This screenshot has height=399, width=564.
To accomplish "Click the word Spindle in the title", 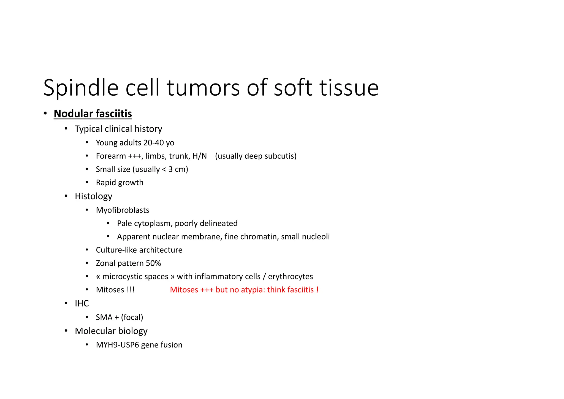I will tap(81, 88).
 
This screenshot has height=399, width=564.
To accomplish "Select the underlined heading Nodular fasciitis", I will tap(93, 114).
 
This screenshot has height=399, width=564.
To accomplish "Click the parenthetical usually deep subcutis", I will tap(256, 156).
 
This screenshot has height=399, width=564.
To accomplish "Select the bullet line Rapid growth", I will tap(120, 182).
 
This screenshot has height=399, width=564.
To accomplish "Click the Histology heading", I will tap(93, 196).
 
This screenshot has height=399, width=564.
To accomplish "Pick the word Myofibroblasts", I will tap(122, 210).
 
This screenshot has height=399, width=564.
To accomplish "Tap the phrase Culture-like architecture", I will tap(139, 250).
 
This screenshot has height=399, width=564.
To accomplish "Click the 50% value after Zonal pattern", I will tap(153, 263).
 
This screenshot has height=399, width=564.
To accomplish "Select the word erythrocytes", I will tap(290, 276).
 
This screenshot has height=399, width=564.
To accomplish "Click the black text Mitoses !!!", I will tap(115, 290).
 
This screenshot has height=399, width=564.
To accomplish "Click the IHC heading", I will tap(82, 303).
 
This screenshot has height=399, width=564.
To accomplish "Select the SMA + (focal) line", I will tap(119, 317).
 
